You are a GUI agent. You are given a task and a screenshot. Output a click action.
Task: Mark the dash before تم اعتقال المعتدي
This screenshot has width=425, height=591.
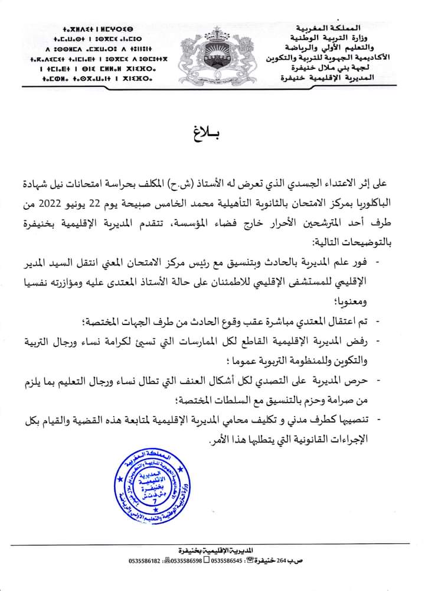pyautogui.click(x=378, y=321)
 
